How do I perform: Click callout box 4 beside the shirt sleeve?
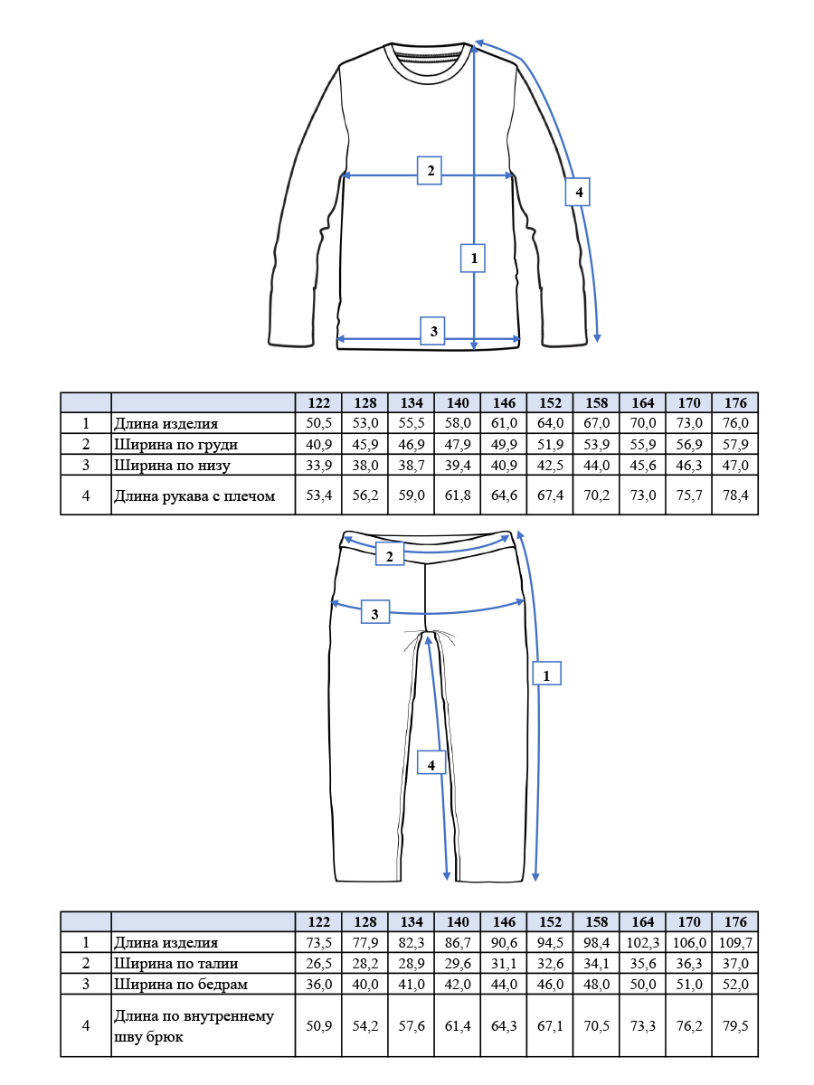(x=577, y=192)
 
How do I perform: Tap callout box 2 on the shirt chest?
(x=429, y=171)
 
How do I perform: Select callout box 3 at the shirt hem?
(x=432, y=331)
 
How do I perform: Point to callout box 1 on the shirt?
(x=473, y=258)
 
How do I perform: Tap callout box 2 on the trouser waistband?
(x=390, y=553)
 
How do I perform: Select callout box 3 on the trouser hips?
(x=375, y=611)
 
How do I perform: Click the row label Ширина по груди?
(x=176, y=444)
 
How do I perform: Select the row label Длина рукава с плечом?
(x=194, y=495)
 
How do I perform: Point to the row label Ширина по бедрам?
(x=181, y=984)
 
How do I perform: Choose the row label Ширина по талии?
(x=176, y=963)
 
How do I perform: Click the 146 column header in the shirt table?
(x=504, y=403)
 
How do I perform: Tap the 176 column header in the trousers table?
(x=735, y=922)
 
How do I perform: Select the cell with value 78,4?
(x=735, y=495)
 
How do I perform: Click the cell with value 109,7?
(x=735, y=942)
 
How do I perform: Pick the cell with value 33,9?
(x=318, y=465)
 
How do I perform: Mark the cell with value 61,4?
(x=458, y=1025)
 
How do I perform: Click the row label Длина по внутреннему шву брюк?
(x=194, y=1025)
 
